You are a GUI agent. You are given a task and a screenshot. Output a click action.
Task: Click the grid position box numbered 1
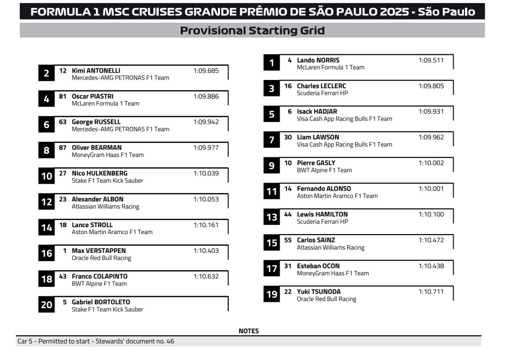(x=271, y=63)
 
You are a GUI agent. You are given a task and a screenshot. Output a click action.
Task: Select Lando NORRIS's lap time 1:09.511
(x=431, y=60)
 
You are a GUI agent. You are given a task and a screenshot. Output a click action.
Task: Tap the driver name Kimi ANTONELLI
(x=96, y=71)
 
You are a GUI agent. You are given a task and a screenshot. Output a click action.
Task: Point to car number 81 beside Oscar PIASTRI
(x=63, y=96)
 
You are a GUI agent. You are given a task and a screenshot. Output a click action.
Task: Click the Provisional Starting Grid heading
(x=252, y=31)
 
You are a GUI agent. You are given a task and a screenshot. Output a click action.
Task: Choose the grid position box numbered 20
(x=46, y=305)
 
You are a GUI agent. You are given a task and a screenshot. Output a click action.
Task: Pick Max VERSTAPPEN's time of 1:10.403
(x=206, y=250)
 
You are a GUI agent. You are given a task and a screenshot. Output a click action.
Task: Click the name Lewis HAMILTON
(x=322, y=214)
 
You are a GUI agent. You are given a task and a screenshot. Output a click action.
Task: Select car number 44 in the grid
(x=288, y=214)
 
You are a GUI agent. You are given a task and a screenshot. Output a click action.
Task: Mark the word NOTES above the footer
(x=249, y=331)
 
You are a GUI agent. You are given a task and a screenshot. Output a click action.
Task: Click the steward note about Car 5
(x=96, y=341)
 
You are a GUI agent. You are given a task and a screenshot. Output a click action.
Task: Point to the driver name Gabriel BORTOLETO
(x=101, y=302)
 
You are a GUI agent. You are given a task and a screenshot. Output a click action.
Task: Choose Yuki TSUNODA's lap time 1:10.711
(x=431, y=291)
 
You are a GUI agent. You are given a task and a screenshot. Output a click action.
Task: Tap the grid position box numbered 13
(x=271, y=217)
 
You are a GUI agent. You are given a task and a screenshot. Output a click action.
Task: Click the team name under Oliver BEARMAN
(x=108, y=155)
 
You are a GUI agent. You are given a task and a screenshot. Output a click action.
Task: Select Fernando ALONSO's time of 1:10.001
(x=431, y=189)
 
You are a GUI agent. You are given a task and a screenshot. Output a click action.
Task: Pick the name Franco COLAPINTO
(x=99, y=276)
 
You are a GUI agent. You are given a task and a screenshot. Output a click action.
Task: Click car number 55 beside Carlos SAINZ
(x=288, y=240)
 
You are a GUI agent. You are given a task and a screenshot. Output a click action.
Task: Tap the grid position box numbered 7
(x=271, y=140)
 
